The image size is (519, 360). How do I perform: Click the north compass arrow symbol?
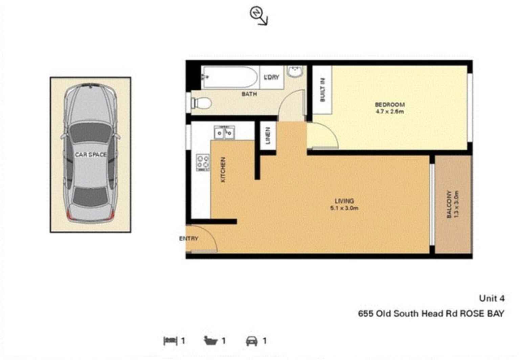[x=258, y=16]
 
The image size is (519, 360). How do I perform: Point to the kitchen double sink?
[x=224, y=132]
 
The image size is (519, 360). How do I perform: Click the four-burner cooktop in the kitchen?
[x=203, y=162]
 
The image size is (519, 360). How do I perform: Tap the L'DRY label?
[x=272, y=77]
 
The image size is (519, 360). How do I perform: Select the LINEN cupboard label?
[x=268, y=136]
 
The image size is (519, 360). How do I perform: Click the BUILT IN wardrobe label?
[x=322, y=90]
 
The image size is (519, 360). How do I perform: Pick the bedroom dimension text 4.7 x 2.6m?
[x=390, y=112]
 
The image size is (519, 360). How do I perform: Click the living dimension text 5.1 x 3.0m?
[x=344, y=208]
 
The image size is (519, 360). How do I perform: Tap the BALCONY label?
[x=449, y=204]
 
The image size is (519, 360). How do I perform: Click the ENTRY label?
[x=189, y=239]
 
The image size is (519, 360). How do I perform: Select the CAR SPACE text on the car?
[x=91, y=155]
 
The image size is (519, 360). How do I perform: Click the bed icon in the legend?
[x=170, y=341]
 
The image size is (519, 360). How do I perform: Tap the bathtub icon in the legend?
[x=210, y=341]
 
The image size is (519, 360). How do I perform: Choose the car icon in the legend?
[x=251, y=341]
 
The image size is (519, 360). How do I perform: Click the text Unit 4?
[x=492, y=298]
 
